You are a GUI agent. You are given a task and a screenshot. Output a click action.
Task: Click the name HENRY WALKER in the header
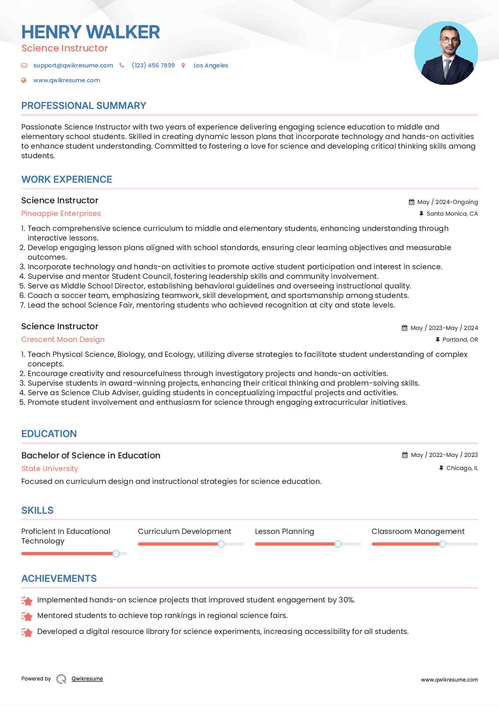[x=90, y=32]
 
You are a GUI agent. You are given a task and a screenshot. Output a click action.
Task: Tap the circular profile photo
[x=446, y=53]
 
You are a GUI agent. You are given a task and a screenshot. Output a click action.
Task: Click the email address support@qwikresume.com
[x=73, y=65]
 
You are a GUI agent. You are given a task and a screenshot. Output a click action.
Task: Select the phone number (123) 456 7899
[x=153, y=65]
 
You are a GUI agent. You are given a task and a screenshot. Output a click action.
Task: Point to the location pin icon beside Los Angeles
[x=183, y=65]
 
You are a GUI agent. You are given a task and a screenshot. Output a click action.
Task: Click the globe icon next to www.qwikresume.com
[x=24, y=80]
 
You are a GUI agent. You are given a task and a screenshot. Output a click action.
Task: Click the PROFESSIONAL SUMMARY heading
[x=84, y=105]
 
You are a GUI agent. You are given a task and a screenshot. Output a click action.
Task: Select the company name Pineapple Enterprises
[x=61, y=214]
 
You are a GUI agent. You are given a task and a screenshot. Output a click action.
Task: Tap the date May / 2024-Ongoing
[x=447, y=202]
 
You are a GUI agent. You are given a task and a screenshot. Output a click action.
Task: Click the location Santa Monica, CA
[x=452, y=214]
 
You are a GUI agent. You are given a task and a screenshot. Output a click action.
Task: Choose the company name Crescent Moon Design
[x=63, y=340]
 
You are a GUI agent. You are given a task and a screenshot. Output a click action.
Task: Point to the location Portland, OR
[x=460, y=340]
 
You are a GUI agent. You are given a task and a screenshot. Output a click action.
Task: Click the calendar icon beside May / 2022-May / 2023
[x=405, y=455]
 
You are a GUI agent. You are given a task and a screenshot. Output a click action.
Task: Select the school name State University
[x=50, y=469]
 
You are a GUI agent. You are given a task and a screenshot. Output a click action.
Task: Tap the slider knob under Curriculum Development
[x=221, y=544]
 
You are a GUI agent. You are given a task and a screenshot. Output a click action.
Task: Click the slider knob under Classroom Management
[x=442, y=544]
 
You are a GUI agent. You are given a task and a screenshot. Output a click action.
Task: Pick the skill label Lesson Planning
[x=284, y=531]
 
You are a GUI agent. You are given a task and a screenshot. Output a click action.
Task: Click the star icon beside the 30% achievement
[x=27, y=601]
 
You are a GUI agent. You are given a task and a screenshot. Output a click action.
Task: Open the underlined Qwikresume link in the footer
[x=87, y=679]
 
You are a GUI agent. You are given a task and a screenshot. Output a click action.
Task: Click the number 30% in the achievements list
[x=346, y=600]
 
